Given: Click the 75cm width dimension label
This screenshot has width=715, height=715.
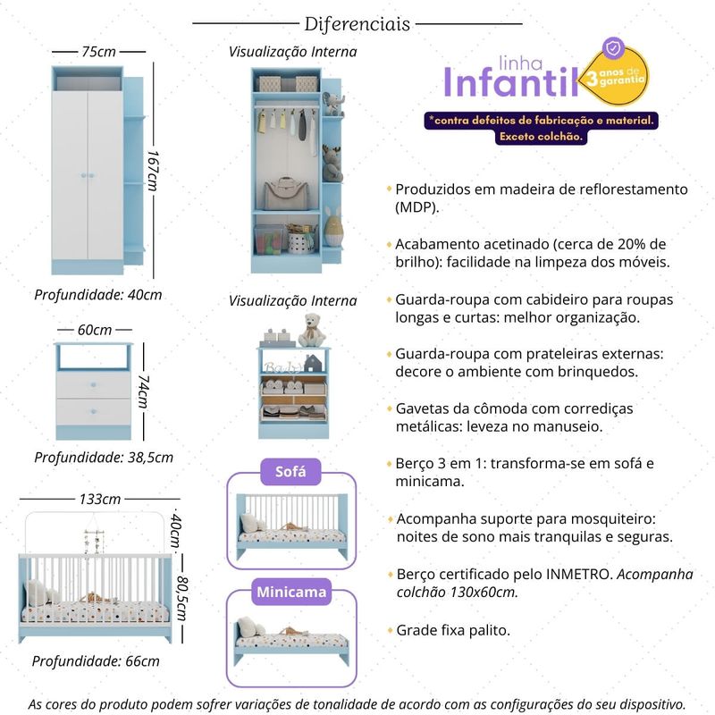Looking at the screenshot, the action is tap(98, 52).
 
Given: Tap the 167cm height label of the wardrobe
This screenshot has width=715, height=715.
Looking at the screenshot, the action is tap(153, 171).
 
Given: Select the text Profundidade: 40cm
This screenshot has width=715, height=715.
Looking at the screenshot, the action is tap(98, 295).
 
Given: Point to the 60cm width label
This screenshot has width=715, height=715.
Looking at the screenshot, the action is tap(95, 329).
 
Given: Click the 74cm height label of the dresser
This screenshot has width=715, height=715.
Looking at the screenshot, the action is tap(144, 391).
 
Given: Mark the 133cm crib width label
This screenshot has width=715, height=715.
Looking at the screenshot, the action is tap(100, 499).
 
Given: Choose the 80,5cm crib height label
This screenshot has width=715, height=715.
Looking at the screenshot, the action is tap(181, 598).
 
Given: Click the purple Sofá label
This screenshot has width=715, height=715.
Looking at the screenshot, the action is tap(290, 472).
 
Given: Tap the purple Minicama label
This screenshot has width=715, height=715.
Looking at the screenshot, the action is tap(291, 592).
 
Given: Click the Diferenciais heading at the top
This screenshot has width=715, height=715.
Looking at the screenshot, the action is tap(357, 24).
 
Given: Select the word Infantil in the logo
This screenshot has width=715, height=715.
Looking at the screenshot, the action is tap(510, 82).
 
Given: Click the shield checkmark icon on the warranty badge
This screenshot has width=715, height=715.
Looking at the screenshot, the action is tap(613, 48).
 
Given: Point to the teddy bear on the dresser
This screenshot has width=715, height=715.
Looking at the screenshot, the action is tap(311, 330).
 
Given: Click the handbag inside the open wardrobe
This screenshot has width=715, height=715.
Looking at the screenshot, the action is tap(286, 193).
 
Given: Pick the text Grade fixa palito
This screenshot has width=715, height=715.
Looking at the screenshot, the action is tap(453, 630).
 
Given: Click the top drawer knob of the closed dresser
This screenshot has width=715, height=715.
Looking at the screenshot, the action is tap(94, 385).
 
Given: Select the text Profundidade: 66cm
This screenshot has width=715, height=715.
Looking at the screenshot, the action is tap(96, 661).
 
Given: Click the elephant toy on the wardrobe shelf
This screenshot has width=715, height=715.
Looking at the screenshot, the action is tap(333, 104).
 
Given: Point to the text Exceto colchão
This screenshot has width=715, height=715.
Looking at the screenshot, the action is tap(542, 137).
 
